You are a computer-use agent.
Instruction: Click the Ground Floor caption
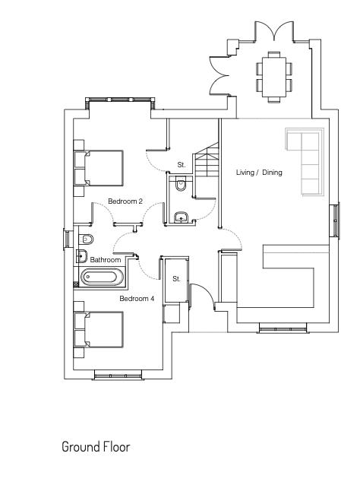(96, 447)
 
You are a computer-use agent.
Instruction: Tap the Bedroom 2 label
(125, 201)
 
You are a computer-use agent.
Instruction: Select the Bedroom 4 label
(137, 299)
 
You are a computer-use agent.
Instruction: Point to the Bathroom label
(106, 260)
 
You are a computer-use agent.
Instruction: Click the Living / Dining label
(259, 172)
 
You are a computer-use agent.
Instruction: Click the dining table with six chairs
(274, 77)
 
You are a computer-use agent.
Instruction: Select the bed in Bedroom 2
(99, 168)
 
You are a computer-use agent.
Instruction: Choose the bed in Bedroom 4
(99, 329)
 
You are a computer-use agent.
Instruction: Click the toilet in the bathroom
(85, 239)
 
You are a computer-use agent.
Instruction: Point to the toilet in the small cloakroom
(180, 184)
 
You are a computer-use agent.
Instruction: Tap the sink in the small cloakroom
(182, 217)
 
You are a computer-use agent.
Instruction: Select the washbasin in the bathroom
(82, 255)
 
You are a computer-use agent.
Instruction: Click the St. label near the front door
(176, 279)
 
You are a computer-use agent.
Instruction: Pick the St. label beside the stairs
(182, 165)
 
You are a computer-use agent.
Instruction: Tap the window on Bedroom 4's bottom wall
(118, 376)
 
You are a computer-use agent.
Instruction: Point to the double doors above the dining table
(274, 30)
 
